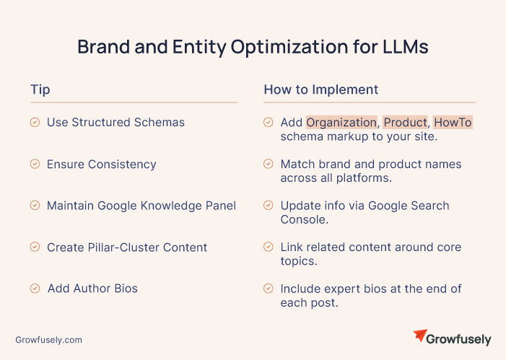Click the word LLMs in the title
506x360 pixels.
coord(406,47)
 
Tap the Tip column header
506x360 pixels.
coord(40,89)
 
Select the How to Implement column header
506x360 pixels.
coord(321,89)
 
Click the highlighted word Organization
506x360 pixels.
coord(341,123)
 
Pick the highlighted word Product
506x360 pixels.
coord(406,123)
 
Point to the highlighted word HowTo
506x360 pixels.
coord(453,123)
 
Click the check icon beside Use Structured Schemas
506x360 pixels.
coord(35,122)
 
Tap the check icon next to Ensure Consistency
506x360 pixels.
coord(35,164)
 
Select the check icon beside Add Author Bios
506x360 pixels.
coord(35,289)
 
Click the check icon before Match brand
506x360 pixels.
coord(269,164)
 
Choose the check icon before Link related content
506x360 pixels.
coord(269,247)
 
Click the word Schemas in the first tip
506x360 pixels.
coord(160,122)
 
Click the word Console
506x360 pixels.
coord(305,219)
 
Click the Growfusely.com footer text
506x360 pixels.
coord(49,340)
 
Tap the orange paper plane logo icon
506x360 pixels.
coord(420,335)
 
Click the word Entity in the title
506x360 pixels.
coord(199,47)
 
